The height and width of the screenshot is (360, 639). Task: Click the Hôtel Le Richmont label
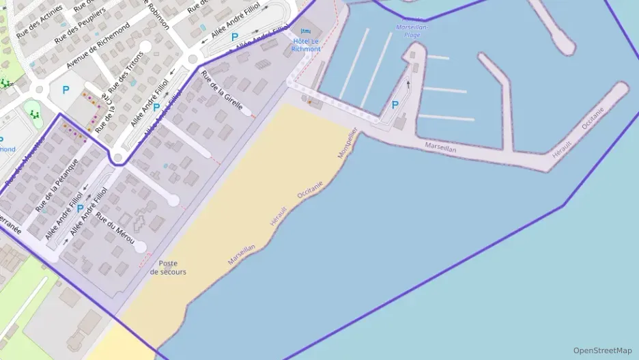click(x=305, y=45)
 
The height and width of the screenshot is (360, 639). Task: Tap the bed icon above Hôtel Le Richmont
click(x=305, y=31)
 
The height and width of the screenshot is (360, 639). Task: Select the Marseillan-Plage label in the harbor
click(x=412, y=31)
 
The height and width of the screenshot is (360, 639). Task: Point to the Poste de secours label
click(x=168, y=267)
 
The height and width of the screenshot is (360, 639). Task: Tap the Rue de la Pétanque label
click(x=57, y=183)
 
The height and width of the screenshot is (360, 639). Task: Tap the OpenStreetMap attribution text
click(x=603, y=350)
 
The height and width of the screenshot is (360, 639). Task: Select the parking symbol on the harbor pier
click(x=394, y=105)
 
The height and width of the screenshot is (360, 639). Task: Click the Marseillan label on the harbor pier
click(x=440, y=146)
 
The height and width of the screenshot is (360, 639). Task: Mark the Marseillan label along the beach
click(x=242, y=255)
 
